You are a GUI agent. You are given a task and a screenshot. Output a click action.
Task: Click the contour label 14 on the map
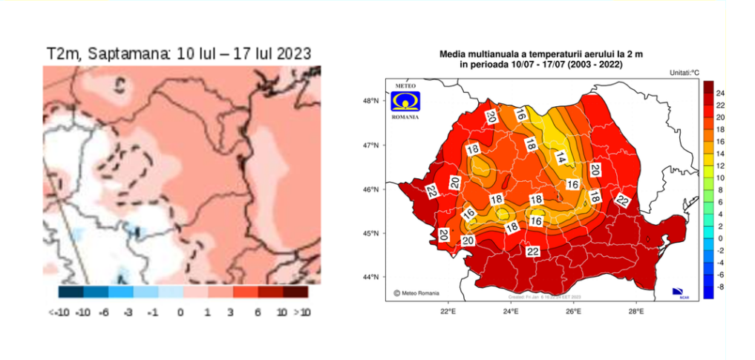[561, 157]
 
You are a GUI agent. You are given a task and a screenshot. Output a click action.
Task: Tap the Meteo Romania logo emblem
[405, 100]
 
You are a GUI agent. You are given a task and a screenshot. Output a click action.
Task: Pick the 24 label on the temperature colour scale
[721, 93]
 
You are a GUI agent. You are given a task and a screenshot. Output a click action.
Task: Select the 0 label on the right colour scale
[719, 238]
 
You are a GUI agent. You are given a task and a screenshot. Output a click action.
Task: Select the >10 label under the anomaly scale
[302, 312]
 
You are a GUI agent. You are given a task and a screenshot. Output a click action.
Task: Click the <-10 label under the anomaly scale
[59, 312]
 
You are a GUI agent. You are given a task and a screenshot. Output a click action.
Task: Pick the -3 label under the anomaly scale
[128, 312]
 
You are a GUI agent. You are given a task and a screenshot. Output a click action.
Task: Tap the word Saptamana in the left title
[125, 54]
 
